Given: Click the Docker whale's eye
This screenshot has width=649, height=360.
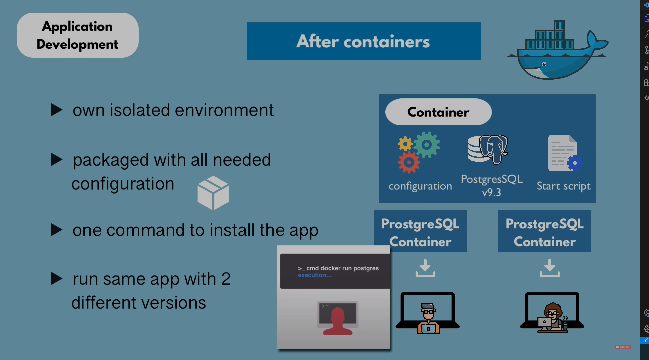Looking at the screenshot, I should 544,64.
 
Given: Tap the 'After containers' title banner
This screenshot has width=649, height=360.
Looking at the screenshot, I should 364,41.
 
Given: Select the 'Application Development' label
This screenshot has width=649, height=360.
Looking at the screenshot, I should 77,35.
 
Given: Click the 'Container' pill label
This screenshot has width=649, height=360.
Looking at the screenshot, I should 438,112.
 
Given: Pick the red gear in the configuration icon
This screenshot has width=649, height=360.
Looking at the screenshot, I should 409,162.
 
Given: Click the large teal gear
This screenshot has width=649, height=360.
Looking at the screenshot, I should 427,145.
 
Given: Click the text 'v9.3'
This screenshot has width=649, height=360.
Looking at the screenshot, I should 491,193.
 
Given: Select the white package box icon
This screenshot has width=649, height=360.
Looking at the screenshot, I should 213,193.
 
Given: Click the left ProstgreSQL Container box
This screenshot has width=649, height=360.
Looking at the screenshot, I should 420,231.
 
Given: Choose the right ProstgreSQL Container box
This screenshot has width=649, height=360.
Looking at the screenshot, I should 544,231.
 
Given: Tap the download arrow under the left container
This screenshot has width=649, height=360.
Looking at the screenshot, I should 425,268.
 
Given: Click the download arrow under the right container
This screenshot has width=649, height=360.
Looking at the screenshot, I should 549,268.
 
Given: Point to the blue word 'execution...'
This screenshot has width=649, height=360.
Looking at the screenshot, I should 314,275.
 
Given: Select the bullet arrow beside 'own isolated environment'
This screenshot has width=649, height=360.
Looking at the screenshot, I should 56,110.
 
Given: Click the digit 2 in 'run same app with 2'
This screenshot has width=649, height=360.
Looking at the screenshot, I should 226,279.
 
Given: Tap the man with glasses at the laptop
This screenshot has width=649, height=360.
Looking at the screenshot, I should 428,318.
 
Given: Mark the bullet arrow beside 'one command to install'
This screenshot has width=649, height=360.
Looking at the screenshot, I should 56,230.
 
